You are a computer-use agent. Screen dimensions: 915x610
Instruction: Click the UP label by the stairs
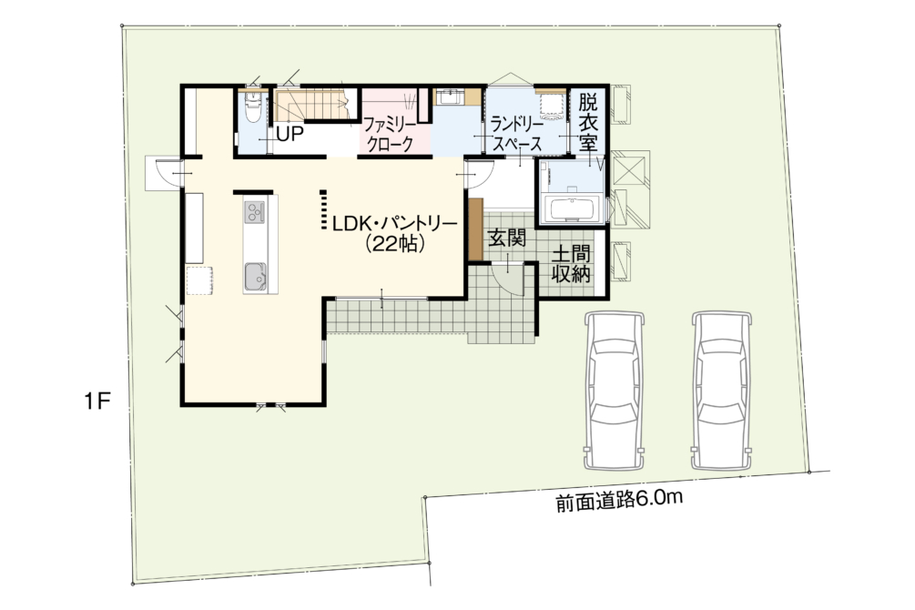pos(290,134)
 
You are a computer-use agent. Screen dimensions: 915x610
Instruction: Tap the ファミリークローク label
pos(389,134)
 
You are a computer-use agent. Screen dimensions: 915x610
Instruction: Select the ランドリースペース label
pos(517,134)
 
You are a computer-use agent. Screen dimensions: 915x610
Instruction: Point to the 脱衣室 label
pos(588,124)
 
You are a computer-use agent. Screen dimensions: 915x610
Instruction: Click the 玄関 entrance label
pos(507,238)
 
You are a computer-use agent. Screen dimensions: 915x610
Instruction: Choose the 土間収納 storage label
pos(571,264)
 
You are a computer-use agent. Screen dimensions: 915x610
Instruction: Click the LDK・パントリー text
pos(394,224)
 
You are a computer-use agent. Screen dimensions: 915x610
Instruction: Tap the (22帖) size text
pos(394,244)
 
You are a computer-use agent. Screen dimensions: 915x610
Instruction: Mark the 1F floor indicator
pos(97,402)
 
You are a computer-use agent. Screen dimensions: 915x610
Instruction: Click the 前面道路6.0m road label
pos(618,500)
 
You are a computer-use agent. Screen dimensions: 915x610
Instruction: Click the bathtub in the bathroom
pos(571,209)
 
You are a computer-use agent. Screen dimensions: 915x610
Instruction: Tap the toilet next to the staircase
pos(253,107)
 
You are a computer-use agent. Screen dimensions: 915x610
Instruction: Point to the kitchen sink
pos(255,276)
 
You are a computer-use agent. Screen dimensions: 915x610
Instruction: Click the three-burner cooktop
pos(255,210)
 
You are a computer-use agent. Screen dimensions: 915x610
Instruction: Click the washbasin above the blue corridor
pos(450,97)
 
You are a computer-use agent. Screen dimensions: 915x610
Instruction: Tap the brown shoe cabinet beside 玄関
pos(476,229)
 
